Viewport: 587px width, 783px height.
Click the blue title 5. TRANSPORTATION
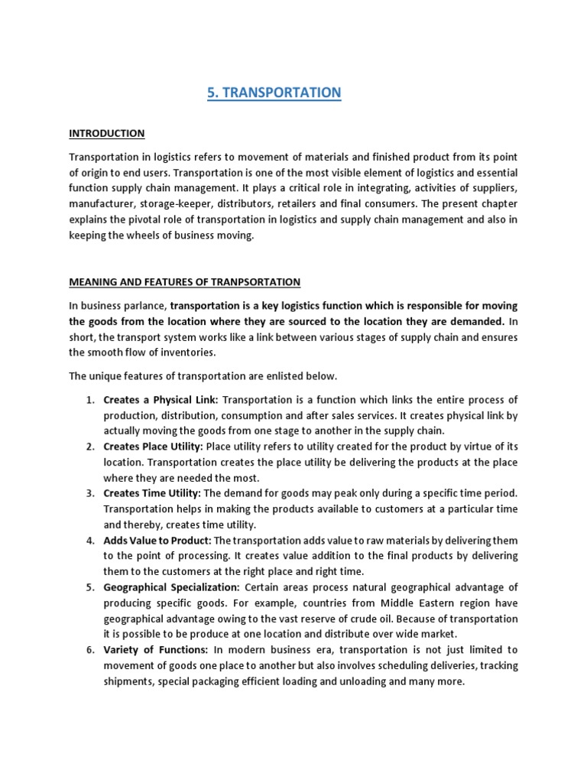274,93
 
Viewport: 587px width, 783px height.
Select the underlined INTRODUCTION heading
107,134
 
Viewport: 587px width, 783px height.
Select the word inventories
190,353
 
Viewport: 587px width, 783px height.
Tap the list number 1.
90,400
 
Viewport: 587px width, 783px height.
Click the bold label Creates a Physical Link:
161,400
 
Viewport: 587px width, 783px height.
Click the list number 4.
90,541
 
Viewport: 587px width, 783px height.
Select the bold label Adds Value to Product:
157,541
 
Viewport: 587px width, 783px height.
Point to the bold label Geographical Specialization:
172,587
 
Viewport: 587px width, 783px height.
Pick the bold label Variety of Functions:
156,650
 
